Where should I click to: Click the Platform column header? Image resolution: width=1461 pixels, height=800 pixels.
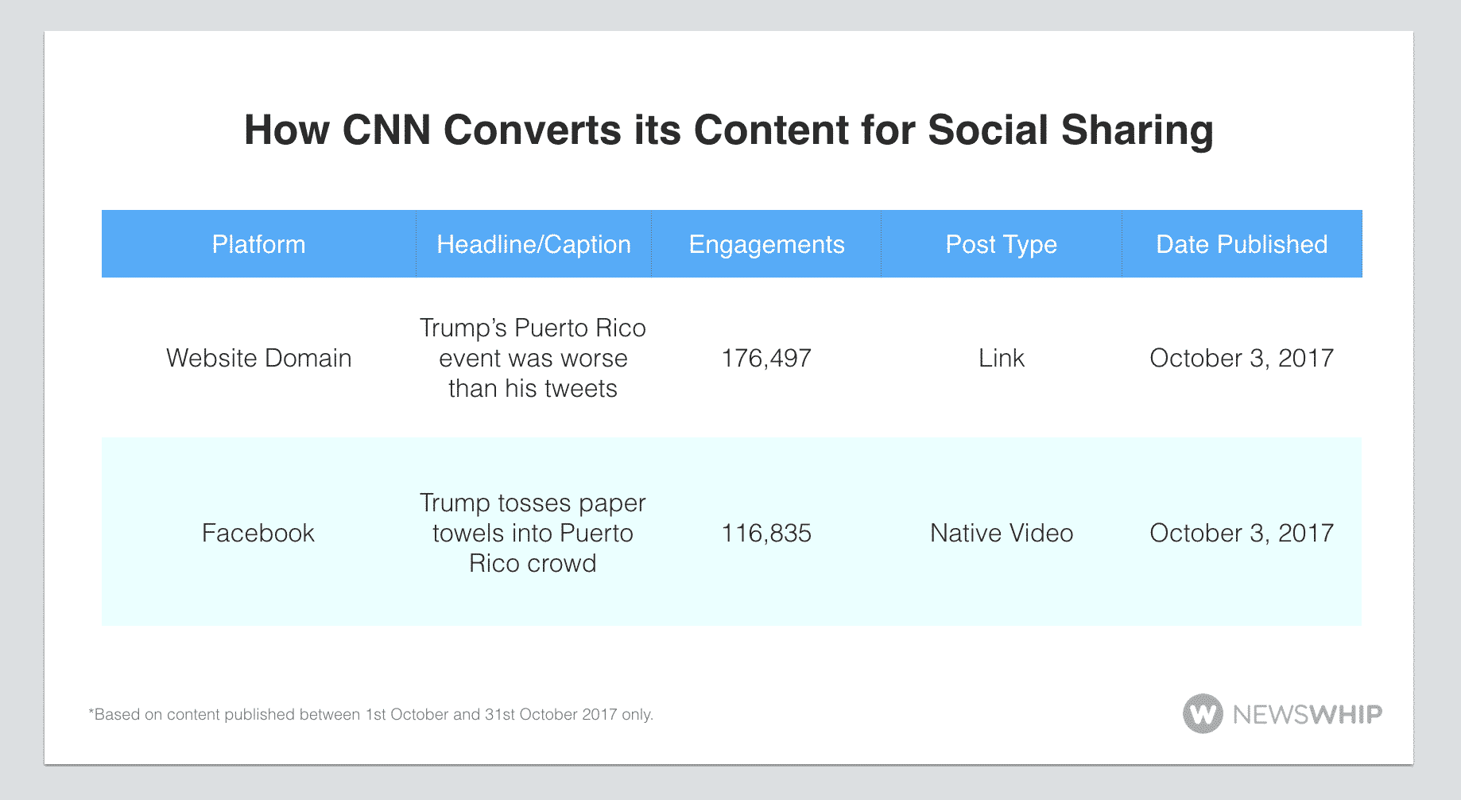(x=258, y=244)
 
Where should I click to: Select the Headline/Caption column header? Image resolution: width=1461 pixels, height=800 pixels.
(x=533, y=244)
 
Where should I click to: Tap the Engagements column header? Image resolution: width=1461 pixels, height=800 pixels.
(x=766, y=245)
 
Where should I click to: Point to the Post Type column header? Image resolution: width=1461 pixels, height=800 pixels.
(x=1001, y=245)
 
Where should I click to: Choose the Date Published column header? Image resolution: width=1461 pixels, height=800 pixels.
(x=1242, y=244)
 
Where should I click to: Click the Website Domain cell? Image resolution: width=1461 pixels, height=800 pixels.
(x=258, y=358)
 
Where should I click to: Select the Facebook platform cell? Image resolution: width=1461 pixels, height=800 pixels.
(x=258, y=533)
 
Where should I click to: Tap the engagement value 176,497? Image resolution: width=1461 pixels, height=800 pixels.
(x=766, y=359)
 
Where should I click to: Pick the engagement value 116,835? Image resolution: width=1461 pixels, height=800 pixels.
(x=766, y=534)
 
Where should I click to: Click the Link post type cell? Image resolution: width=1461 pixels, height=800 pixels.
(x=1002, y=358)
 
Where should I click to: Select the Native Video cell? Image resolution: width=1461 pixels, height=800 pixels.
(x=1002, y=533)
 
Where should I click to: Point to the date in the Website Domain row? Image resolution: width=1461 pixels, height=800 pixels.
(x=1242, y=359)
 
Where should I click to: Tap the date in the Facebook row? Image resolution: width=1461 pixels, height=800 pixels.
(x=1242, y=534)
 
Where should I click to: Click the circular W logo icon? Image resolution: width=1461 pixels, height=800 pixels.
(x=1203, y=713)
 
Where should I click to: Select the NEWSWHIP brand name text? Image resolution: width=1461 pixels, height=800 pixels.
(x=1308, y=714)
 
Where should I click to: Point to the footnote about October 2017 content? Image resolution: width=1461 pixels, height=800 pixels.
(x=370, y=714)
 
